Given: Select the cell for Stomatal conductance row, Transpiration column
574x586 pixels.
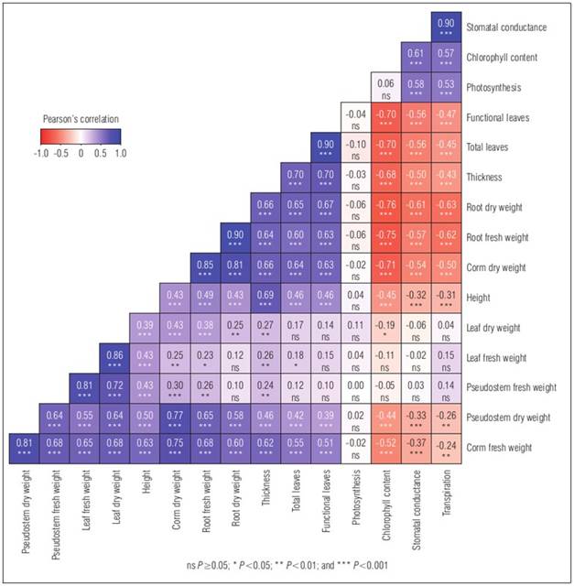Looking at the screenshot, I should pyautogui.click(x=446, y=27).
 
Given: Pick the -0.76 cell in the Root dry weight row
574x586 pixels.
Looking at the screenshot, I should pyautogui.click(x=385, y=207).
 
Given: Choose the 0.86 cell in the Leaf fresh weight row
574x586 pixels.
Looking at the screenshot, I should pyautogui.click(x=114, y=357).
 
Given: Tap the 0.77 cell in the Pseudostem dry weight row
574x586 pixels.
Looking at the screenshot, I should pyautogui.click(x=174, y=417).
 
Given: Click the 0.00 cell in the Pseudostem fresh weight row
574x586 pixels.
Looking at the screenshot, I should pyautogui.click(x=355, y=386).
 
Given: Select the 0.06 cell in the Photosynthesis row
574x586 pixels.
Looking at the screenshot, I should pyautogui.click(x=385, y=87).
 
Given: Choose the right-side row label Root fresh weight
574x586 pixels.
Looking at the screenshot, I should pyautogui.click(x=507, y=237).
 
